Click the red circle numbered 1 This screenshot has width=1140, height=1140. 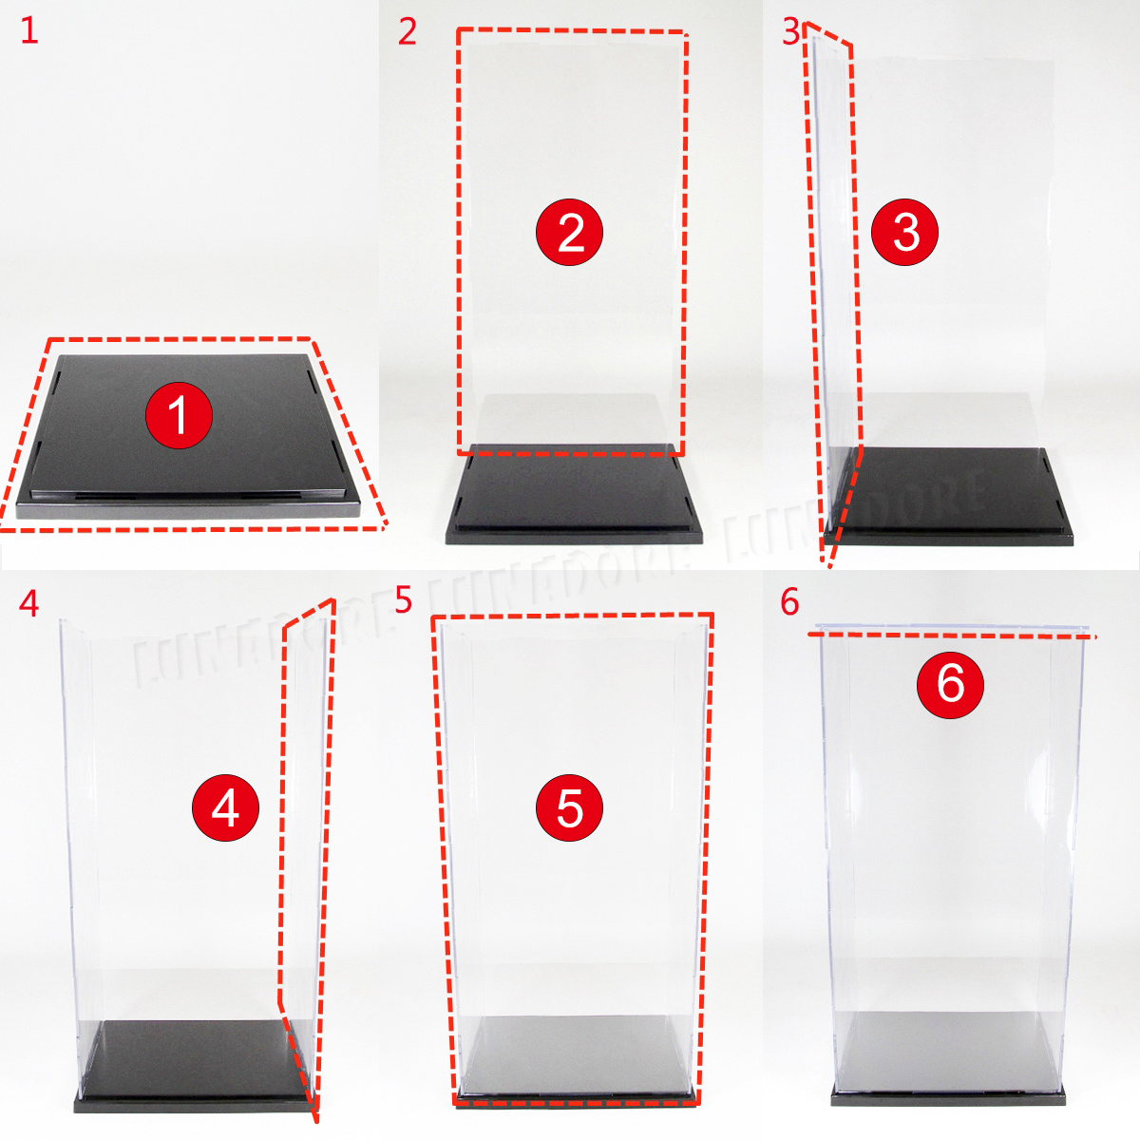pos(178,416)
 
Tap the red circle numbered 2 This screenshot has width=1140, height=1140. pos(570,232)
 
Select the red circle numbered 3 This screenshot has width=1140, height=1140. pos(905,232)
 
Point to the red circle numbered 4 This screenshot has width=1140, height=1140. pos(225,807)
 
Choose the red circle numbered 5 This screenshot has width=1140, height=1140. pos(569,807)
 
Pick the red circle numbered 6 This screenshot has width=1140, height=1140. pos(950,683)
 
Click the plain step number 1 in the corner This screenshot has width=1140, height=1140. pos(29,31)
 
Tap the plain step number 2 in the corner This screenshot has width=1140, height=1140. pos(408,31)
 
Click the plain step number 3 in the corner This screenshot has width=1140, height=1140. pos(791,31)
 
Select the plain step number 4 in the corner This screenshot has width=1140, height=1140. pos(29,603)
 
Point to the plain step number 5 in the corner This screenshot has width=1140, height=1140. pos(404,600)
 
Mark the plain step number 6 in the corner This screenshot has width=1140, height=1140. pos(790,602)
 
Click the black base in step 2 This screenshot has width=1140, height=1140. pos(573,499)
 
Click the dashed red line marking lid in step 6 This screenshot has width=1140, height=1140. pos(950,634)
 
